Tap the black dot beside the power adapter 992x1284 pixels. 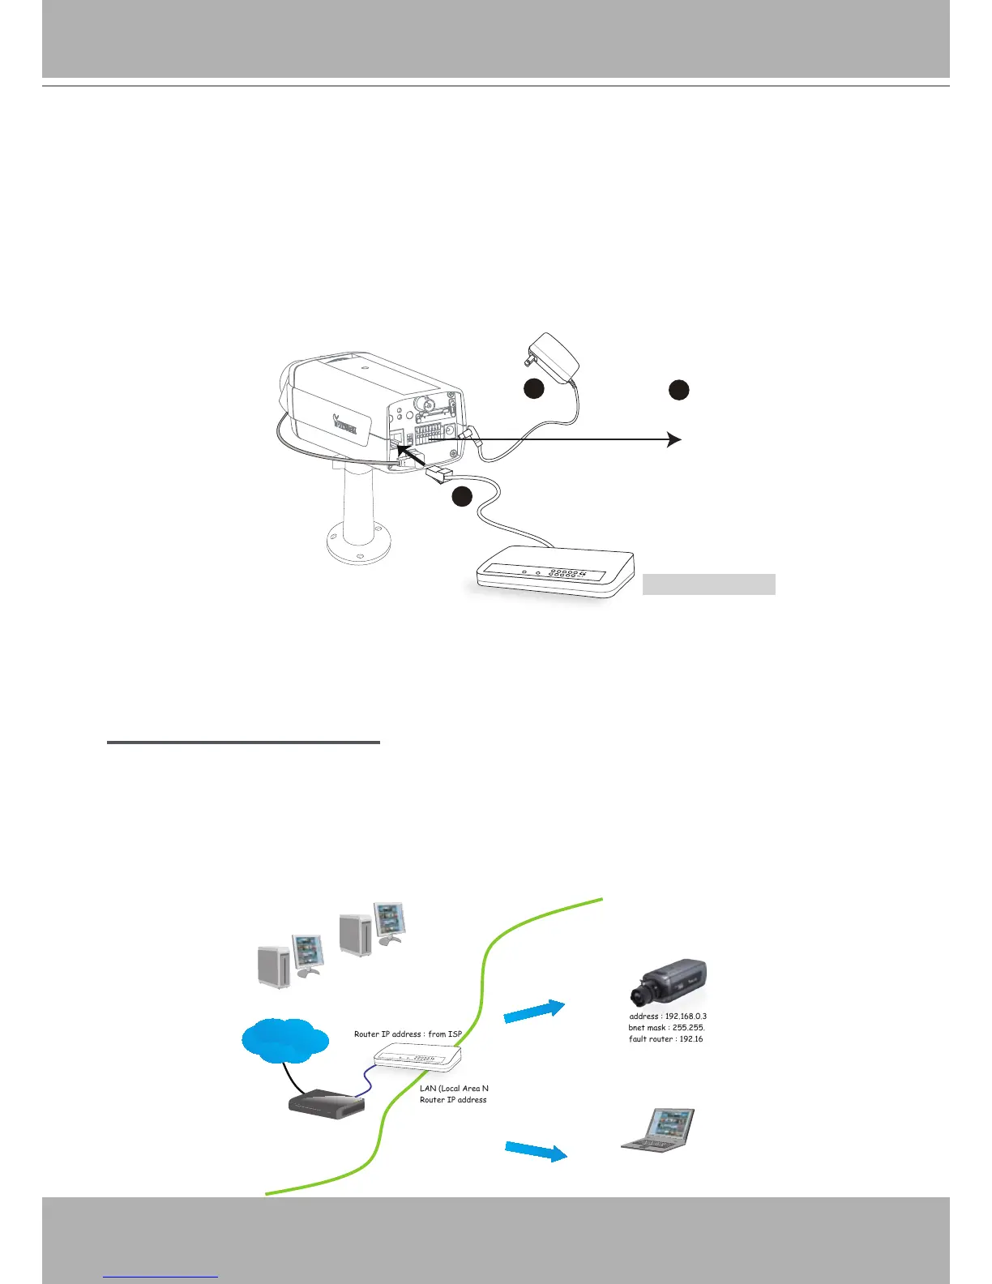coord(532,389)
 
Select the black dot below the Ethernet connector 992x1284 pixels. coord(461,497)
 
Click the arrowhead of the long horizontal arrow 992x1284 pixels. coord(673,439)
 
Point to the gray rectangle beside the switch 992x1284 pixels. coord(708,584)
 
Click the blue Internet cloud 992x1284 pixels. coord(285,1039)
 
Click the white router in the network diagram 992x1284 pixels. coord(417,1057)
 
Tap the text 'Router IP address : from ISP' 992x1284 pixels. coord(408,1034)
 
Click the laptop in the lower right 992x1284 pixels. coord(658,1129)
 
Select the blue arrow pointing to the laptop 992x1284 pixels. coord(536,1150)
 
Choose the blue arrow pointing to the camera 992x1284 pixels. coord(533,1012)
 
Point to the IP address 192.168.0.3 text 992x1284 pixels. coord(669,1016)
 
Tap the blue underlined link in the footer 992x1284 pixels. coord(161,1276)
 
